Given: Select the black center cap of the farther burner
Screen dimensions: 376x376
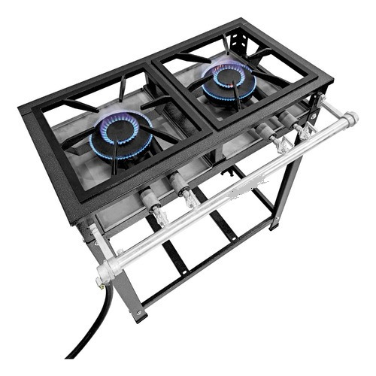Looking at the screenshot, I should click(x=227, y=76).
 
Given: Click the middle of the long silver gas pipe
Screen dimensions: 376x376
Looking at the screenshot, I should click(x=226, y=191).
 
